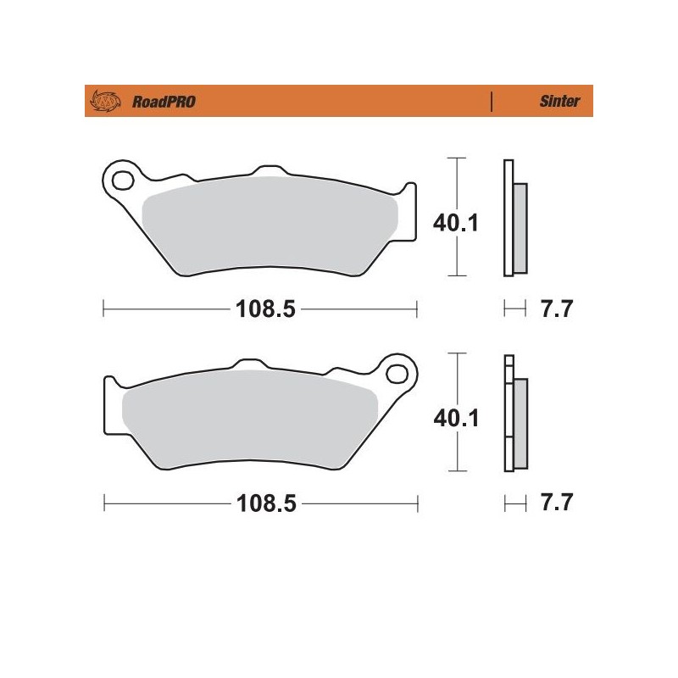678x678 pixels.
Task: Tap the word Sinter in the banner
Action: [559, 102]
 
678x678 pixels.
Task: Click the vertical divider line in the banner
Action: [492, 102]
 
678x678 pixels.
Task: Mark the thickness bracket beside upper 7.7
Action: [510, 309]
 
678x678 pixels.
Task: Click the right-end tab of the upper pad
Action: [411, 212]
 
